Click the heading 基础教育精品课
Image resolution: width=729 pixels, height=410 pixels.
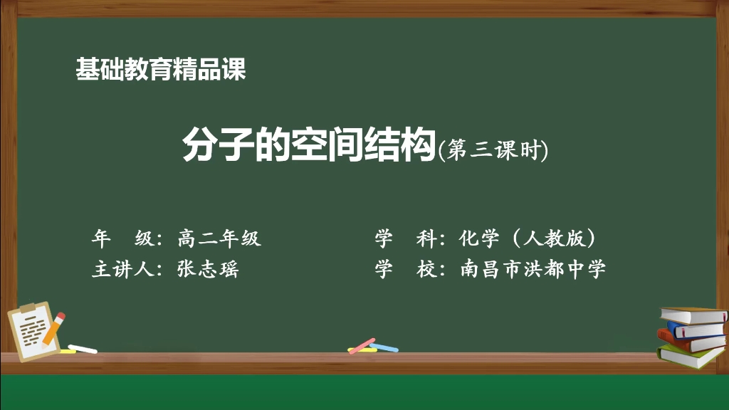(160, 70)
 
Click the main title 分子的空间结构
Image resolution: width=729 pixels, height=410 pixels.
(308, 146)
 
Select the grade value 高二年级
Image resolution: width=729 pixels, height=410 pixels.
(219, 238)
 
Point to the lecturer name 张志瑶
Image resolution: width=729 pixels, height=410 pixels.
(208, 270)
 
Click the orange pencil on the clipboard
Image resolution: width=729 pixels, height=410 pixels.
(55, 327)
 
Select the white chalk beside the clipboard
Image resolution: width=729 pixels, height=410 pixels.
(83, 349)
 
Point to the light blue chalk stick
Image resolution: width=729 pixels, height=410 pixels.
(384, 347)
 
